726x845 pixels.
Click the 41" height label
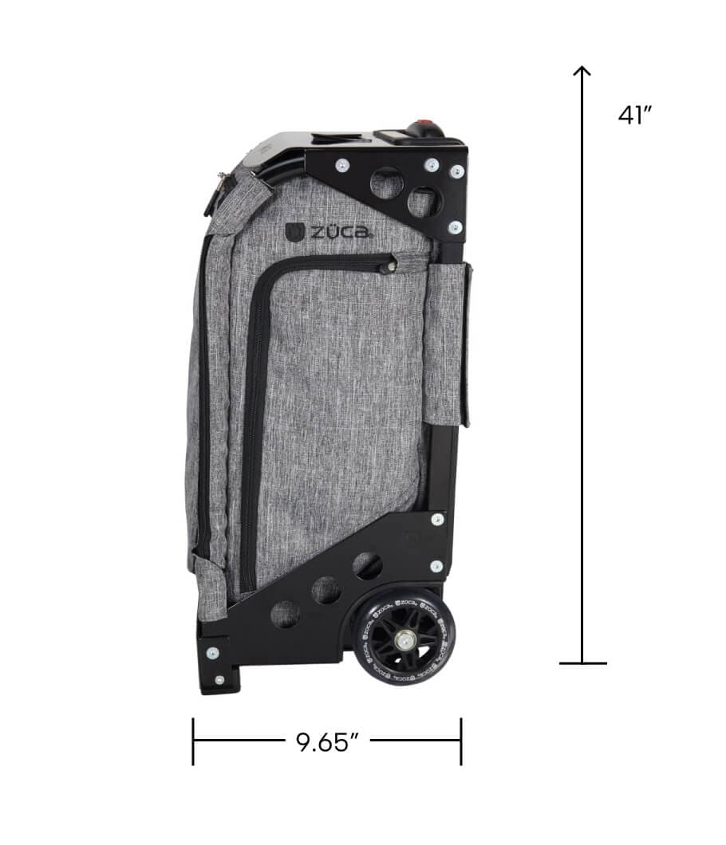[635, 116]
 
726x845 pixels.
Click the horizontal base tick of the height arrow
[582, 663]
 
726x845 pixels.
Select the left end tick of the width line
[193, 742]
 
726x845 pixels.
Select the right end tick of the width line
[461, 742]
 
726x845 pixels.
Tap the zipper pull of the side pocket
[389, 265]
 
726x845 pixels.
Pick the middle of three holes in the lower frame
[326, 590]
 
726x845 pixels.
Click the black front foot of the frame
[218, 666]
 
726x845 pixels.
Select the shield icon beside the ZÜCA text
[294, 232]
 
